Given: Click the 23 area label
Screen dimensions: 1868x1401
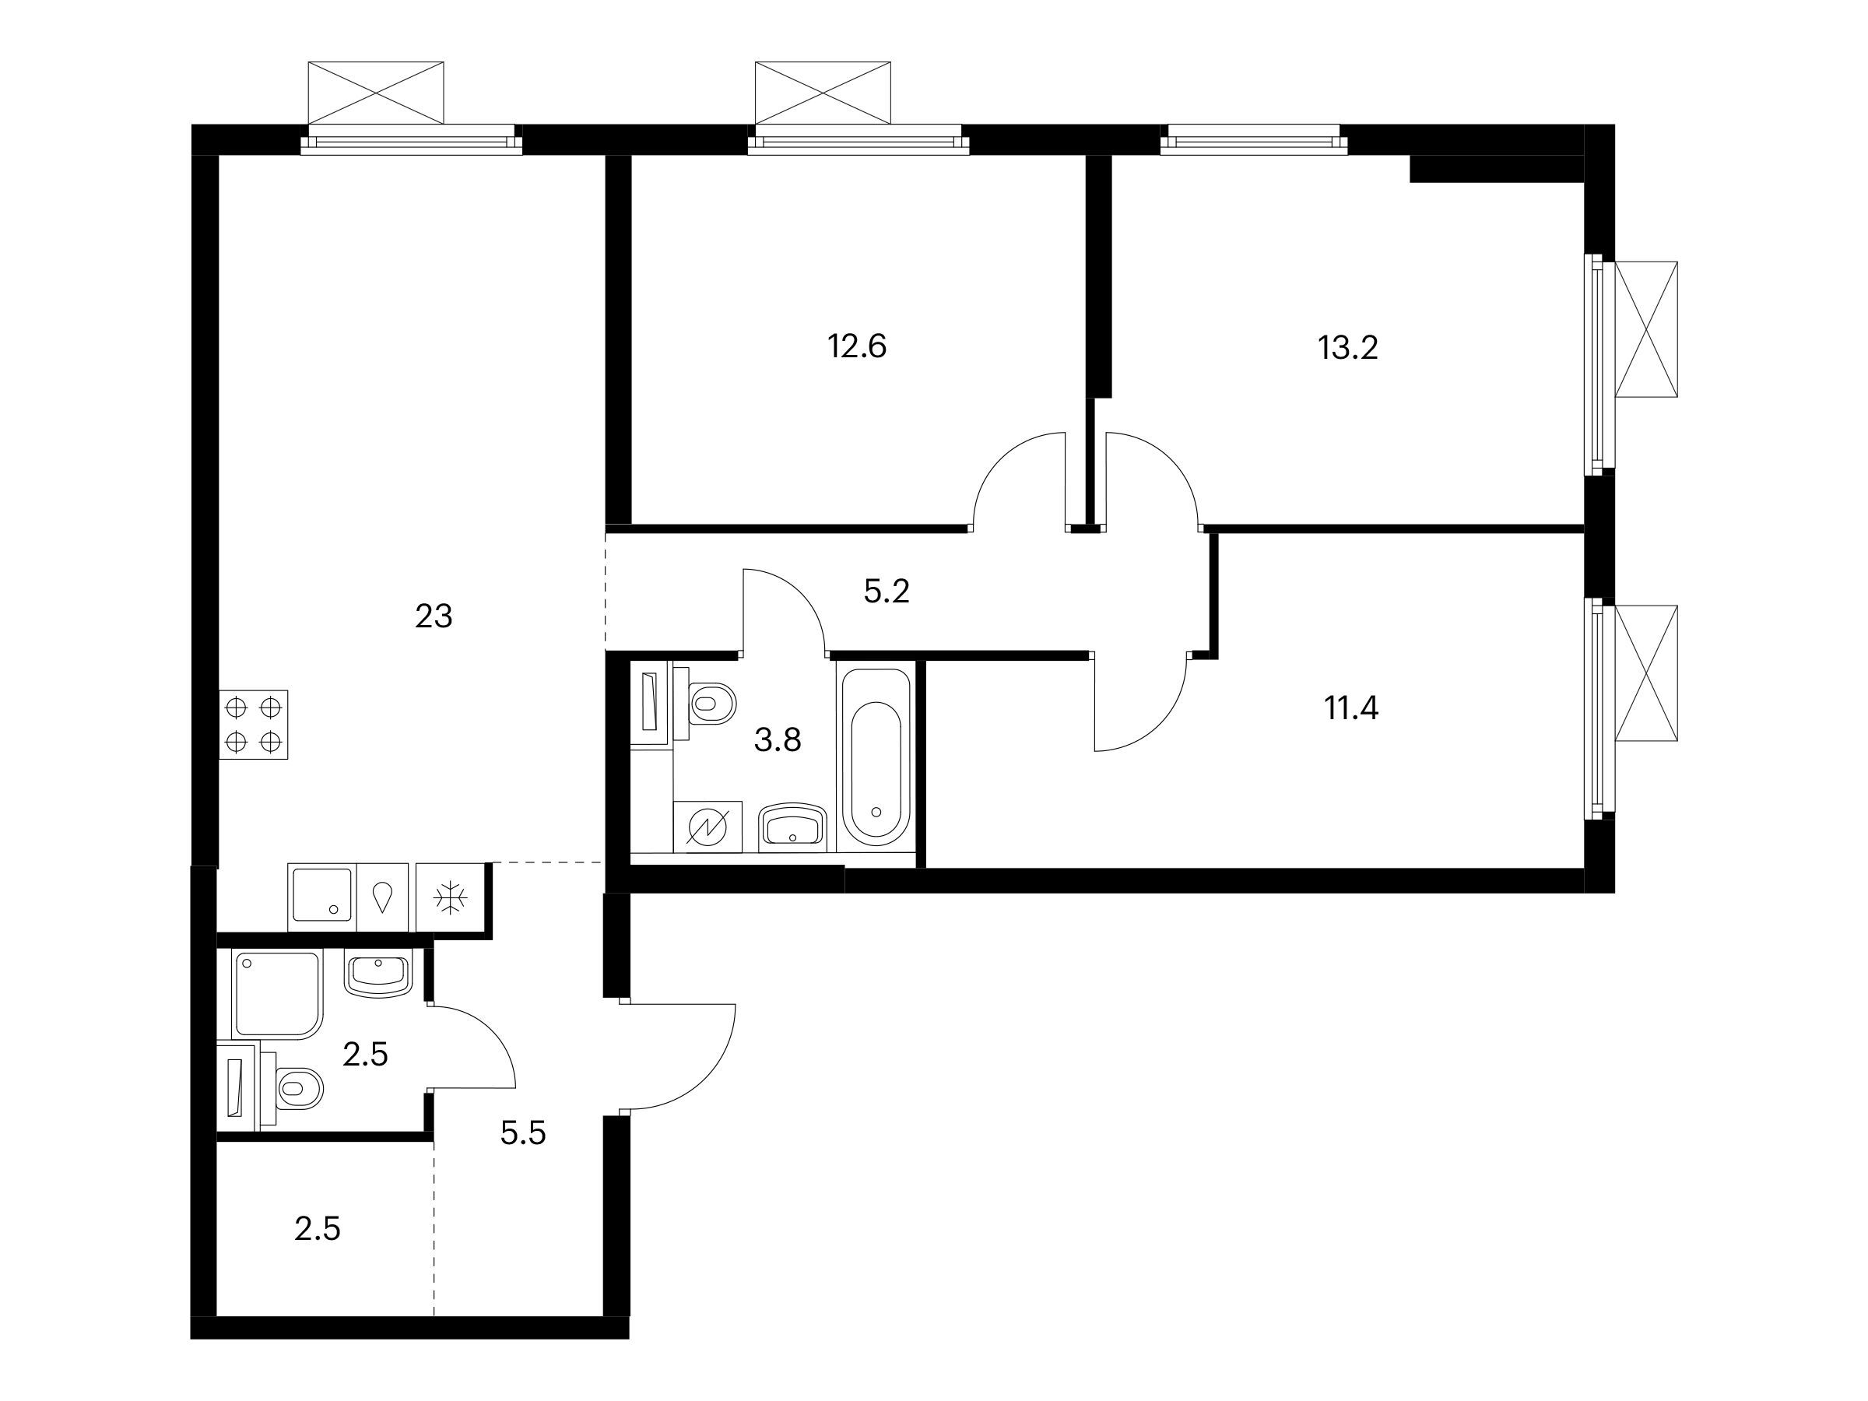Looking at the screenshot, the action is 434,616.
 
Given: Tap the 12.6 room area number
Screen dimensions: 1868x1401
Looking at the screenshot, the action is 856,346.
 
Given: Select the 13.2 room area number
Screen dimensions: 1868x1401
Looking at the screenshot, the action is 1348,347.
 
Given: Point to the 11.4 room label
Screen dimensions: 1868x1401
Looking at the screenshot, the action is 1351,708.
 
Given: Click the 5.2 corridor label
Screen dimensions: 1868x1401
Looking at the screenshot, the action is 887,591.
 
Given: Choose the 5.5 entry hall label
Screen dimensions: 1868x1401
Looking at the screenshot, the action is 523,1132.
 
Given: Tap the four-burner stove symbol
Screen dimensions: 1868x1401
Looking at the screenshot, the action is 253,725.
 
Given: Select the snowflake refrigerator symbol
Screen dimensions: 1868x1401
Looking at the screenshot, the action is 450,897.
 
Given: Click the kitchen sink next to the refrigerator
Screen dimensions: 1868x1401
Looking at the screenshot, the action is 321,897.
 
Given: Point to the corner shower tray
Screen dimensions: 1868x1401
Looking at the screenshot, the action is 278,995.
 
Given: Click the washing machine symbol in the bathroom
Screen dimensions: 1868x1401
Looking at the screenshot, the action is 708,827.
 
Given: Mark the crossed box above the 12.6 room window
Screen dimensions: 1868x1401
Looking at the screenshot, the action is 823,92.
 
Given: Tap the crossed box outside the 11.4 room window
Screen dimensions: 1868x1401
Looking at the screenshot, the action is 1646,673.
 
